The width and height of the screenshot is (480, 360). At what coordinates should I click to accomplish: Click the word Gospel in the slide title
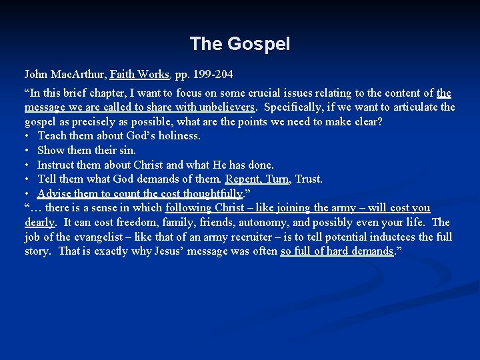click(x=259, y=45)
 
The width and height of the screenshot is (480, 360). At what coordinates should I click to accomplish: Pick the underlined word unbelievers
click(x=223, y=107)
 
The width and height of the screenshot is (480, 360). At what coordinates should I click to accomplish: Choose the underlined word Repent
click(x=243, y=179)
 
